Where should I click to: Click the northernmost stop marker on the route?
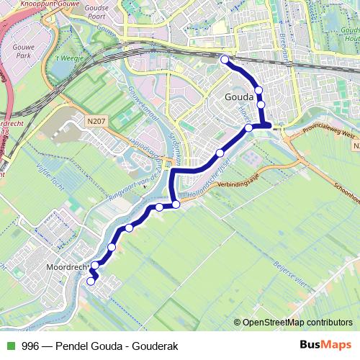(225, 60)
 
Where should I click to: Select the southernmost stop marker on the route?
(91, 282)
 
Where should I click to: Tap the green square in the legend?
(10, 346)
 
